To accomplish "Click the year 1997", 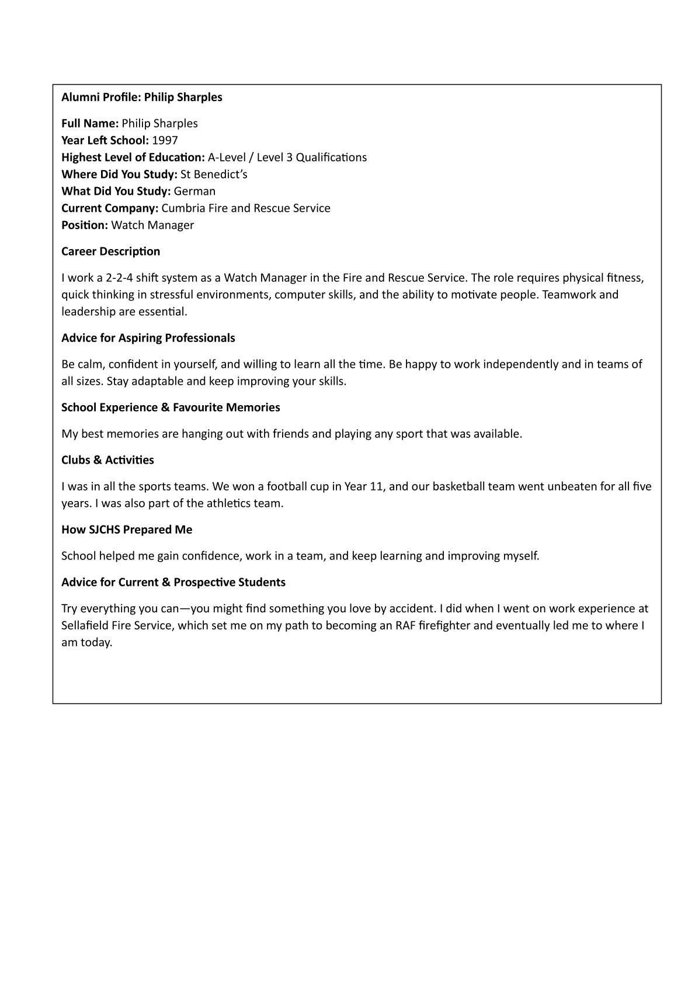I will [x=165, y=140].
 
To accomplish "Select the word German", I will [x=194, y=191].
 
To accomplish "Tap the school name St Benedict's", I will [x=214, y=174].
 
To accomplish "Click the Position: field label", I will [x=85, y=225].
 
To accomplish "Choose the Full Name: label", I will [x=90, y=123].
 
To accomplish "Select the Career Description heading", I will [x=110, y=251].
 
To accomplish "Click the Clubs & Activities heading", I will [x=107, y=460].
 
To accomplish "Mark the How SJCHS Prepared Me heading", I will [x=127, y=530].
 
